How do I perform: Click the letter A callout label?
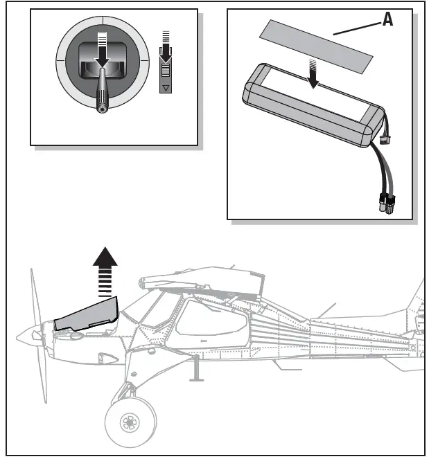click(387, 20)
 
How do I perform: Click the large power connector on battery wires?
click(387, 204)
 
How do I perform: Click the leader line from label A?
click(356, 28)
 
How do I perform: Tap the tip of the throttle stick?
click(103, 107)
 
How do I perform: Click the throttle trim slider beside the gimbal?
click(165, 76)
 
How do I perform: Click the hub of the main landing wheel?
click(129, 421)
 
